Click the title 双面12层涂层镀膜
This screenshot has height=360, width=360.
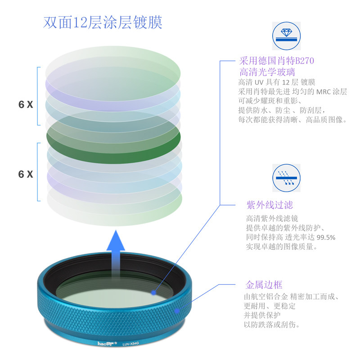pyautogui.click(x=103, y=22)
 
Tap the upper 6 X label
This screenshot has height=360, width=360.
pyautogui.click(x=26, y=104)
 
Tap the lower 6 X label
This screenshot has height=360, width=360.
pyautogui.click(x=26, y=174)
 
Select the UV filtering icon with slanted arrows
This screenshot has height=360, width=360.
pyautogui.click(x=286, y=177)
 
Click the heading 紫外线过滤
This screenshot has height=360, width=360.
pyautogui.click(x=270, y=205)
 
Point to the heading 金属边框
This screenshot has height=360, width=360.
pyautogui.click(x=264, y=285)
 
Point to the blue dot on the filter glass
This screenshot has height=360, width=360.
pyautogui.click(x=154, y=292)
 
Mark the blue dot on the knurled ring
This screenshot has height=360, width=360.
pyautogui.click(x=177, y=310)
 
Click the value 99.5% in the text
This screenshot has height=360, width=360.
pyautogui.click(x=326, y=237)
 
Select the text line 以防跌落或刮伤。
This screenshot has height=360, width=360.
pyautogui.click(x=272, y=324)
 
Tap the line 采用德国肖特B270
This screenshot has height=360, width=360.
pyautogui.click(x=276, y=61)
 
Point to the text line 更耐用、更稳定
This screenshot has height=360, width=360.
pyautogui.click(x=270, y=306)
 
